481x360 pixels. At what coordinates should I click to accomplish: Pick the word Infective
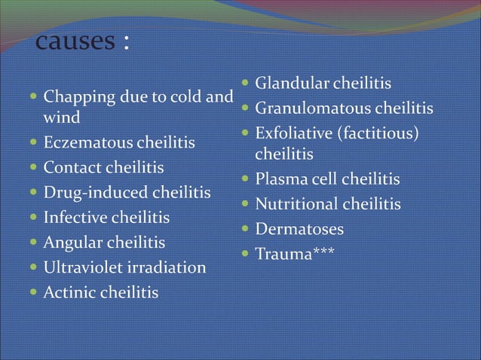click(76, 218)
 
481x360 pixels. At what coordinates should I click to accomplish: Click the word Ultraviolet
click(87, 267)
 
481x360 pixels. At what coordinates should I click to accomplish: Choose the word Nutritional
click(296, 205)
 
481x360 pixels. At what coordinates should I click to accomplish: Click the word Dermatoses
click(299, 229)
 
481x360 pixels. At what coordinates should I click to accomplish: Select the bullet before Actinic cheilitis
click(35, 293)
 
